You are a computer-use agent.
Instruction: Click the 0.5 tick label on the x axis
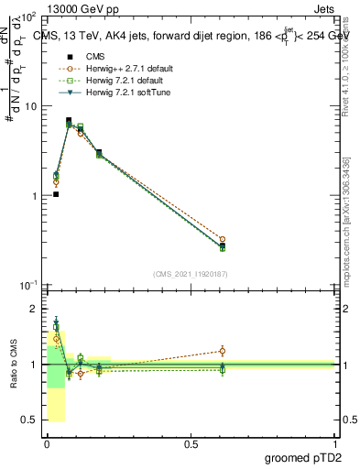click(191, 444)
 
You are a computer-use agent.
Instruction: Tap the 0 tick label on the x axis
click(47, 444)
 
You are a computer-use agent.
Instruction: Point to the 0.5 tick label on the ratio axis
click(28, 420)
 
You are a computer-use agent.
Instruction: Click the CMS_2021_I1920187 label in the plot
click(191, 274)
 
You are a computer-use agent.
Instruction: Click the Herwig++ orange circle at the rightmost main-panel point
click(223, 239)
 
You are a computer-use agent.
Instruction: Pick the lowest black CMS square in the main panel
click(56, 194)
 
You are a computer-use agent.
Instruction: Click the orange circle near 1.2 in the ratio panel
click(223, 351)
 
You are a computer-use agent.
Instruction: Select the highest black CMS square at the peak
click(69, 120)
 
